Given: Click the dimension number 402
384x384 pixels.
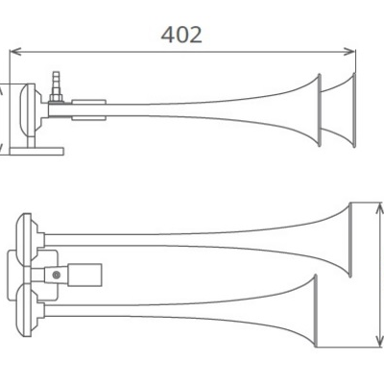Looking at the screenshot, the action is coord(181,35).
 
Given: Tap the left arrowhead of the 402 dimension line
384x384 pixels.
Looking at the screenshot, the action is coord(15,51).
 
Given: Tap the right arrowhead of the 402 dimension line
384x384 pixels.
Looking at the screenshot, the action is coord(349,51).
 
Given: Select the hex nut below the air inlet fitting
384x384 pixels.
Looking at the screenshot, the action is coord(56,98).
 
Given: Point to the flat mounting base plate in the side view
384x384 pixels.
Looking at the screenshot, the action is coord(36,152).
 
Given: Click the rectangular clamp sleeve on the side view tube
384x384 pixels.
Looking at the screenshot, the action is coord(88,109).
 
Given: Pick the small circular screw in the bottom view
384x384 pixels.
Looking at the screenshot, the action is coord(57,275).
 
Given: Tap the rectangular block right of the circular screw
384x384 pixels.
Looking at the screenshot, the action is coord(84,275).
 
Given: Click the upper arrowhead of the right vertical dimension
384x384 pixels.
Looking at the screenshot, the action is coord(379,208).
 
